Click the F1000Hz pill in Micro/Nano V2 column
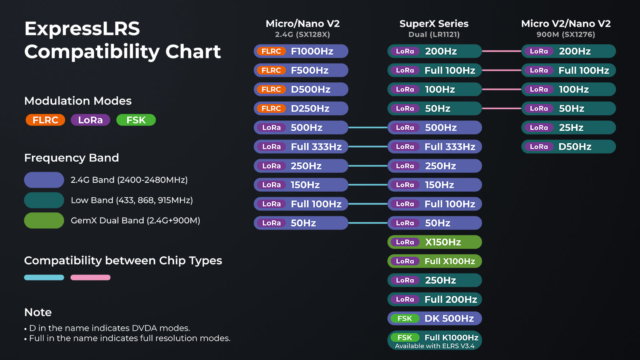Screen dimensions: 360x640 tap(301, 51)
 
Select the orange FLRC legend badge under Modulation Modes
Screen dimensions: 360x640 tap(45, 120)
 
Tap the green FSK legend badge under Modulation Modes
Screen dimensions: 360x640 tap(136, 120)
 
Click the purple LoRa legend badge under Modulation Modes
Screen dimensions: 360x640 tap(90, 120)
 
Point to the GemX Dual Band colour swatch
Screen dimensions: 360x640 tap(44, 220)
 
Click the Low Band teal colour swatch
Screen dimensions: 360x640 tap(44, 200)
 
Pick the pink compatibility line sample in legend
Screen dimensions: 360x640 tap(90, 277)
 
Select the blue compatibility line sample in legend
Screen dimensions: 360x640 tap(44, 277)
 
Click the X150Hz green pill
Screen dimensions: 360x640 tap(434, 242)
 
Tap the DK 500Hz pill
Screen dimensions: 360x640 tap(434, 318)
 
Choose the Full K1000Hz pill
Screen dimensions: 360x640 tap(434, 340)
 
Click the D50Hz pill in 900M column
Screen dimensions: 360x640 tap(568, 146)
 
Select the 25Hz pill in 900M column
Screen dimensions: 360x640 tap(568, 128)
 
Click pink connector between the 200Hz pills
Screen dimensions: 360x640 tap(502, 51)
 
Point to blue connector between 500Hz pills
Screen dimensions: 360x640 tap(368, 128)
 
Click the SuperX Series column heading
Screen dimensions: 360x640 tap(434, 24)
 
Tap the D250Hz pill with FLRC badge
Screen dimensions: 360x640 tap(301, 108)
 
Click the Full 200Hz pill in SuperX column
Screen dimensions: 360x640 tap(434, 299)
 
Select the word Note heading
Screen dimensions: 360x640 tap(38, 312)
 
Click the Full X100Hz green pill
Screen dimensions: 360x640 tap(434, 261)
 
